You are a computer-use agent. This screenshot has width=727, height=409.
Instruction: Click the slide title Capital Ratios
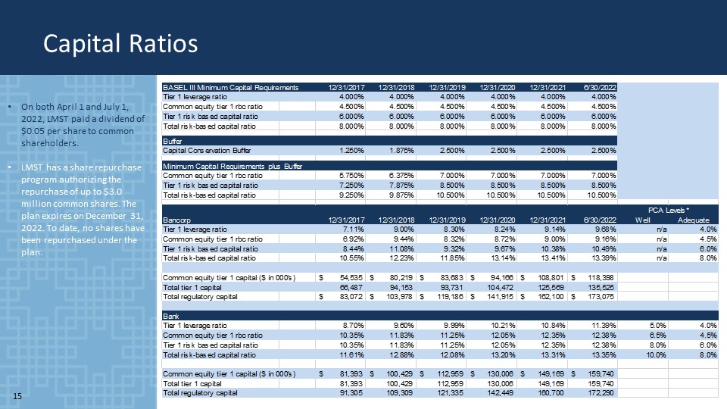120,43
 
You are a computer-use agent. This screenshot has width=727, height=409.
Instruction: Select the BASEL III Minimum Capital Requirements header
231,87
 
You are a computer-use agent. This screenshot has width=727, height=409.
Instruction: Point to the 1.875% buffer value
398,150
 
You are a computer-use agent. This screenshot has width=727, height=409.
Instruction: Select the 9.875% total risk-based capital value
398,194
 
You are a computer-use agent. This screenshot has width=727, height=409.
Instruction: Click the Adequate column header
693,219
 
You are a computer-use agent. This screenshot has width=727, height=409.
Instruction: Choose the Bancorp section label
176,219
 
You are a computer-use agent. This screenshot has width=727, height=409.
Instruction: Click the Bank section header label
170,315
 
